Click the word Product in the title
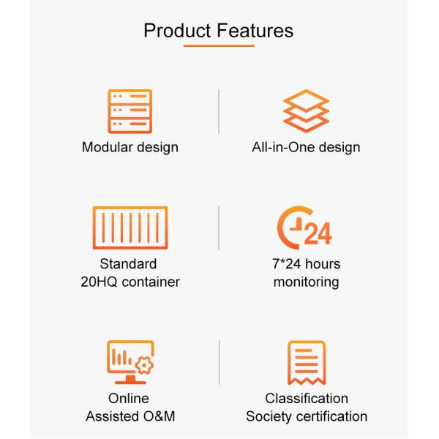(x=177, y=31)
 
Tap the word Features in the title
(x=255, y=31)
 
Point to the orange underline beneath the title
(x=219, y=45)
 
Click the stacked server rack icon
(x=130, y=111)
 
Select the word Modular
(x=108, y=147)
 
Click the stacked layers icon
(x=306, y=111)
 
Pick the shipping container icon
(x=130, y=228)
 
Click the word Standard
(x=128, y=263)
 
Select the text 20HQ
(x=99, y=282)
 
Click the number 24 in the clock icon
(x=318, y=233)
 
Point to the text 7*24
(x=286, y=263)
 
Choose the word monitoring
(x=307, y=282)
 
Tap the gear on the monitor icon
(x=144, y=365)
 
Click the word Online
(x=129, y=398)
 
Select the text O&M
(x=159, y=416)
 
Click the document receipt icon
(x=307, y=363)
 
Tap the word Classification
(x=307, y=398)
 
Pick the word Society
(x=269, y=416)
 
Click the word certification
(x=331, y=416)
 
